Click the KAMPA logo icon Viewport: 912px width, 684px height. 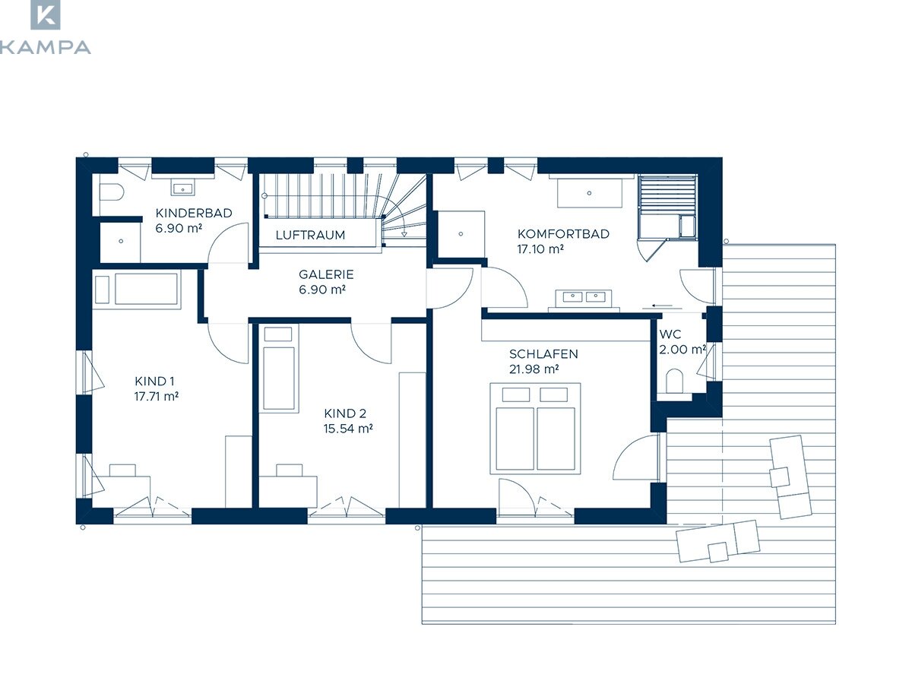(x=46, y=14)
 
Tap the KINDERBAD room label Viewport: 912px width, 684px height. (x=194, y=213)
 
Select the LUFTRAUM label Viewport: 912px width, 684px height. (x=310, y=235)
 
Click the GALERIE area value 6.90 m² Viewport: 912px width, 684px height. (x=322, y=290)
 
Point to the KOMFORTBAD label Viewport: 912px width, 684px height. (x=563, y=234)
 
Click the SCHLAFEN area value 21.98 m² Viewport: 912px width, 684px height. (x=534, y=369)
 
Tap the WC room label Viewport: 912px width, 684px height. (x=670, y=334)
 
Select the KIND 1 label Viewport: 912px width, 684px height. (x=154, y=381)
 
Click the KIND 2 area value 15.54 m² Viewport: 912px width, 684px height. (x=348, y=428)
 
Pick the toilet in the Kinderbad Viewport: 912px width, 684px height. (x=112, y=192)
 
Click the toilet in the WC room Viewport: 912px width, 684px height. (x=674, y=381)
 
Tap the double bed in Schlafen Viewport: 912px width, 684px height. (x=535, y=429)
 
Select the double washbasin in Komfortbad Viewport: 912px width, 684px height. (x=584, y=297)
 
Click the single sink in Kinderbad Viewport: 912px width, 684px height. (x=182, y=188)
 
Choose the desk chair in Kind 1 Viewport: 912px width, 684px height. (x=122, y=470)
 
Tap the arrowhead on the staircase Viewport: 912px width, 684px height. (x=404, y=235)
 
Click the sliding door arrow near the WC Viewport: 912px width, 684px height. (x=662, y=306)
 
